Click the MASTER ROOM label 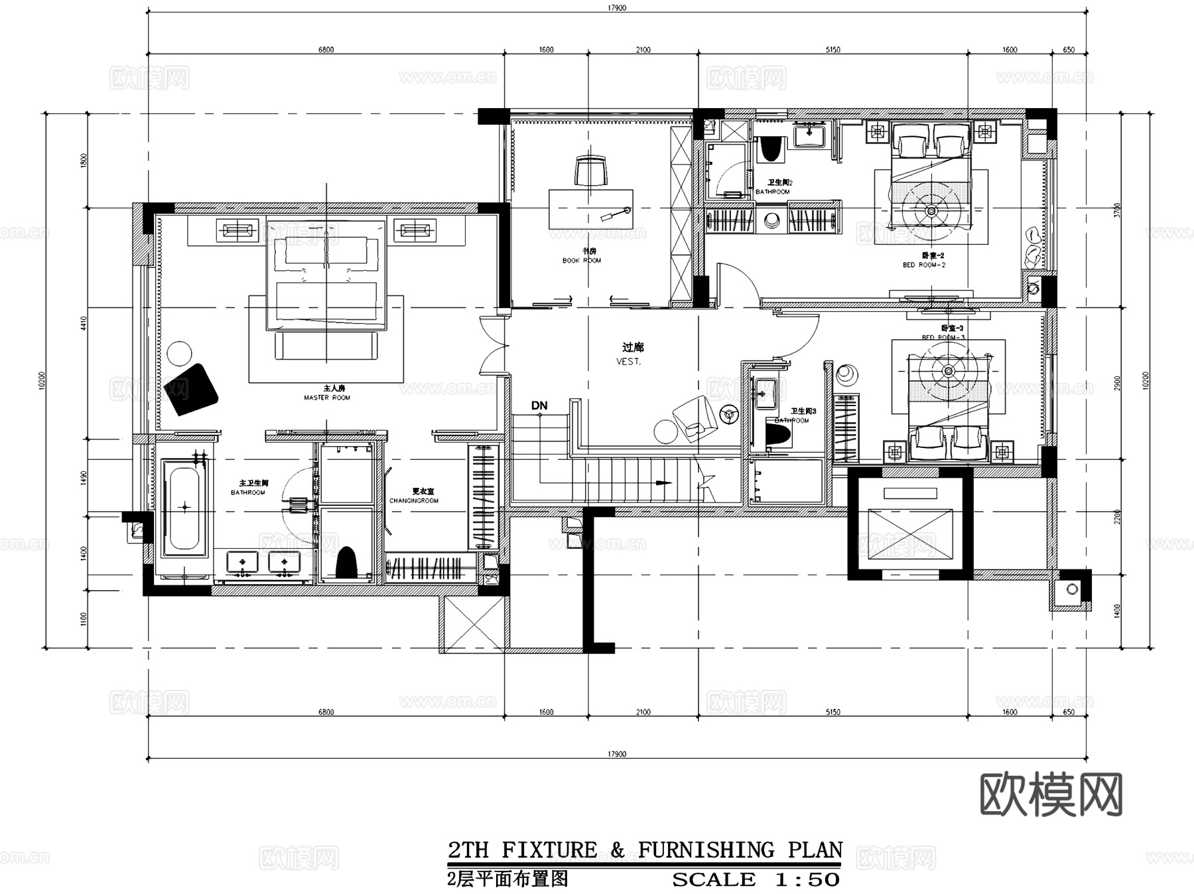pyautogui.click(x=326, y=398)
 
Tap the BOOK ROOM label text pyautogui.click(x=582, y=261)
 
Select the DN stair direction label pyautogui.click(x=539, y=406)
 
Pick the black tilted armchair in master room pyautogui.click(x=192, y=390)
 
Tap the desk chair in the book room pyautogui.click(x=590, y=171)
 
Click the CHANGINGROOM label pyautogui.click(x=413, y=501)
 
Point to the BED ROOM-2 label pyautogui.click(x=923, y=265)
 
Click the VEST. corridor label pyautogui.click(x=628, y=362)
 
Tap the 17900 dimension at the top pyautogui.click(x=616, y=8)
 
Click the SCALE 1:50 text pyautogui.click(x=756, y=880)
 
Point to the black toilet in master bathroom pyautogui.click(x=346, y=563)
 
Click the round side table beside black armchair pyautogui.click(x=179, y=352)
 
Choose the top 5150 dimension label pyautogui.click(x=832, y=50)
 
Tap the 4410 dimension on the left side pyautogui.click(x=84, y=323)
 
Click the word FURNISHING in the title pyautogui.click(x=706, y=850)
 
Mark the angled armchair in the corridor pyautogui.click(x=693, y=417)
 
